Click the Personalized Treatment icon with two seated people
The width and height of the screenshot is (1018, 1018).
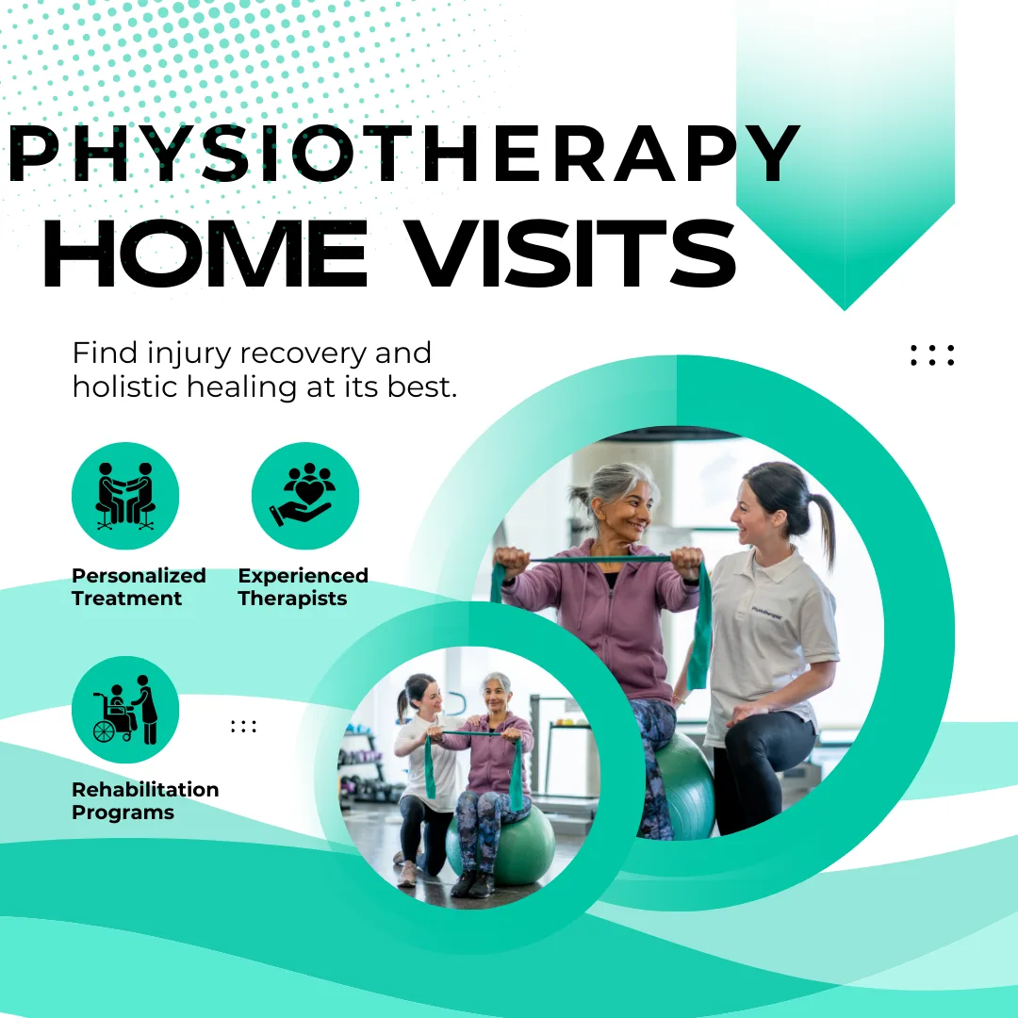[x=125, y=496]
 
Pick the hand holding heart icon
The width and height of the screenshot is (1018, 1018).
[x=304, y=496]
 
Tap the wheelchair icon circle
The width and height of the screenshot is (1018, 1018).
[x=125, y=710]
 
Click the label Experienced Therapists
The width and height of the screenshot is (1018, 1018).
[x=303, y=587]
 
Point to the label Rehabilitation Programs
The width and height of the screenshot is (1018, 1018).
[x=145, y=801]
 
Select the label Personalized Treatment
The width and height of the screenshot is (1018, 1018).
[x=139, y=587]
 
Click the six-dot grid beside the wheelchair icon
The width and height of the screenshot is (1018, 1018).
[x=243, y=726]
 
